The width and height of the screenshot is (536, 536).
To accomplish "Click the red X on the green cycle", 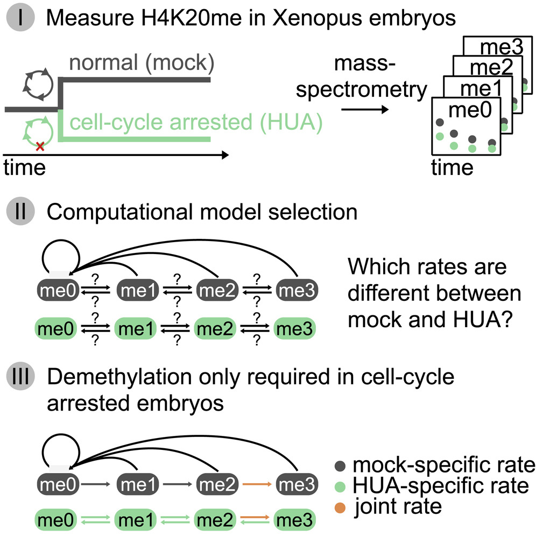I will pyautogui.click(x=39, y=145).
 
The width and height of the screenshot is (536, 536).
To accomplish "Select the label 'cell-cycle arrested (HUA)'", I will pyautogui.click(x=193, y=125).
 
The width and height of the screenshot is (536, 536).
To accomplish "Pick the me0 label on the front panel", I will pyautogui.click(x=467, y=111).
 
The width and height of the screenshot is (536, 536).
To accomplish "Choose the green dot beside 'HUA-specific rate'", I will pyautogui.click(x=342, y=486).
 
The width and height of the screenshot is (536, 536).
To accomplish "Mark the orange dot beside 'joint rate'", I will pyautogui.click(x=342, y=507).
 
